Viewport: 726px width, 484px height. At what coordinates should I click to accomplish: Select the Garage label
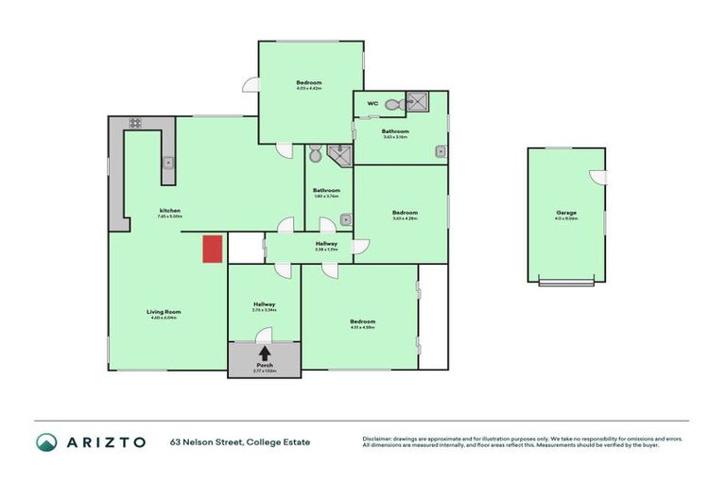click(566, 213)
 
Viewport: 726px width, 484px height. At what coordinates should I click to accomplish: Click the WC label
click(372, 103)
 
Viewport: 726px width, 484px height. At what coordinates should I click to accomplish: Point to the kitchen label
click(170, 210)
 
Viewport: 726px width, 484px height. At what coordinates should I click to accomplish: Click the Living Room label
click(164, 312)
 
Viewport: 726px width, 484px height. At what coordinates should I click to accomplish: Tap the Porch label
click(264, 365)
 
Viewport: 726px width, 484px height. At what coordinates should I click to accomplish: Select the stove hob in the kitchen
click(135, 123)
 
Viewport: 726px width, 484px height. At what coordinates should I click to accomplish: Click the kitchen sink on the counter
click(168, 164)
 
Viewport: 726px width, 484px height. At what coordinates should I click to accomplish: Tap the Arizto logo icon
click(46, 441)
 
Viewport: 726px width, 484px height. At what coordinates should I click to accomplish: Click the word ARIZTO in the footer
click(106, 441)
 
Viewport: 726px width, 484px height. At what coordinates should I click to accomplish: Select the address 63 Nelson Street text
click(240, 442)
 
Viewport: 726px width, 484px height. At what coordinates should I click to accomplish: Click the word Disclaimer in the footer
click(377, 439)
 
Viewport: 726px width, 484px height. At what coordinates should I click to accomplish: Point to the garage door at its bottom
click(566, 282)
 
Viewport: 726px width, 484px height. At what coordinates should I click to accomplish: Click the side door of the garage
click(596, 177)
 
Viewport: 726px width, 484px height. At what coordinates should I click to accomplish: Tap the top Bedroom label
click(309, 82)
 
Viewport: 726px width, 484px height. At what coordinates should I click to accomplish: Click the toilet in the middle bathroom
click(315, 153)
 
